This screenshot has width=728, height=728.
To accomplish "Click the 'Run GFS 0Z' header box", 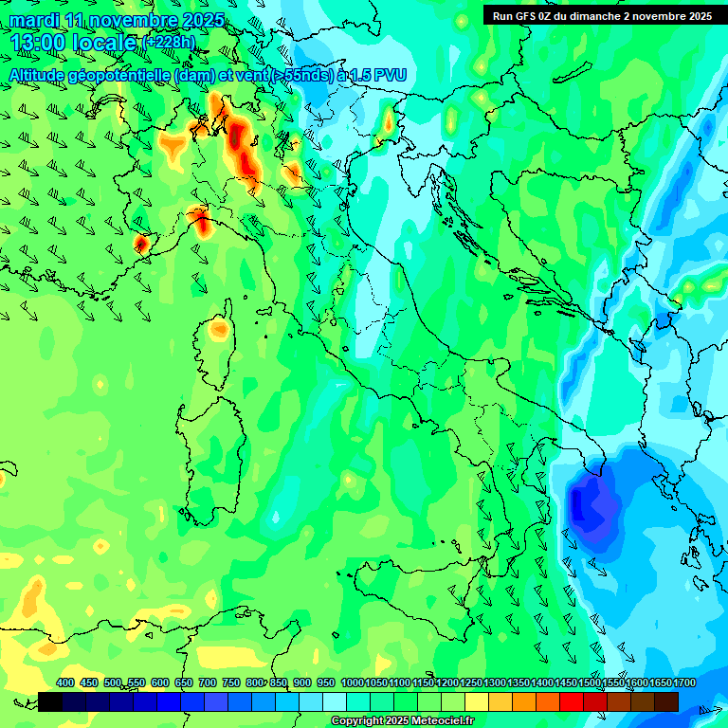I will (x=604, y=15).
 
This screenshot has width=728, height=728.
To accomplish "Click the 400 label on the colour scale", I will (x=65, y=683).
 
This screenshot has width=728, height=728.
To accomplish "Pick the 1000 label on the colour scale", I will (x=353, y=683).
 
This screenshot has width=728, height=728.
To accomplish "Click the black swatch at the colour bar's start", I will (x=50, y=701).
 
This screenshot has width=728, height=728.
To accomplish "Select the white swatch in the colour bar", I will (x=335, y=701).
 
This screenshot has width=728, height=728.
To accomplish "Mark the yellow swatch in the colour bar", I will (x=477, y=701).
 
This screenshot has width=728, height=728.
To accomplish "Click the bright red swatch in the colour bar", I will (x=572, y=701).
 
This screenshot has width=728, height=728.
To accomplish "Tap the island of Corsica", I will (x=218, y=332).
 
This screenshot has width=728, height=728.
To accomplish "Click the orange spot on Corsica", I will (x=219, y=330).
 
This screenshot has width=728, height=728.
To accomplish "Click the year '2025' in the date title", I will (x=203, y=20).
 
